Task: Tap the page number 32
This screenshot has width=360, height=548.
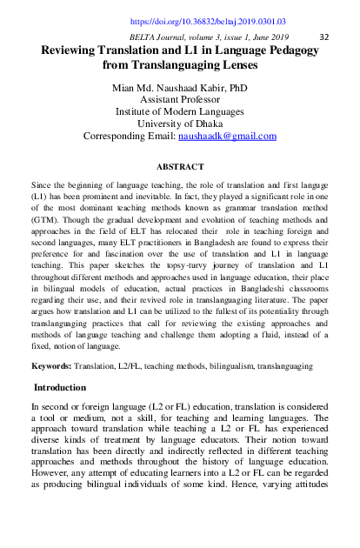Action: (x=324, y=37)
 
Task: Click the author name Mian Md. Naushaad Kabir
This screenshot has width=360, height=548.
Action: (x=180, y=88)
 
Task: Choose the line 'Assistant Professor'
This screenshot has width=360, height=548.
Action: (x=180, y=100)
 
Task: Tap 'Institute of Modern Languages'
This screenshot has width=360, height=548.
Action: (x=180, y=112)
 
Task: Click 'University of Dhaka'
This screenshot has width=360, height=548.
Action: (x=180, y=124)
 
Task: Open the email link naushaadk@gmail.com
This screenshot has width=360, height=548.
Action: (x=227, y=137)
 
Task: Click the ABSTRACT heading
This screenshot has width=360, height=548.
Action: (x=180, y=166)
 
